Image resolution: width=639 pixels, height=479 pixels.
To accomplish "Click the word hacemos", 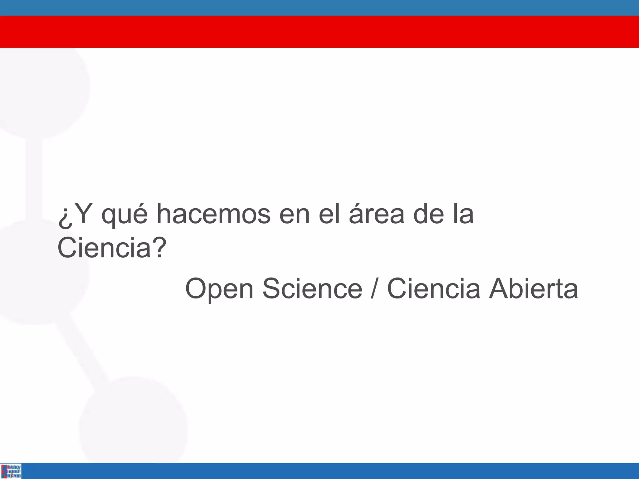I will [213, 214].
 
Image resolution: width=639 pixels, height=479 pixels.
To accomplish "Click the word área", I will [377, 214].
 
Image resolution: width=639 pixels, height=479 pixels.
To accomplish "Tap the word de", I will [428, 214].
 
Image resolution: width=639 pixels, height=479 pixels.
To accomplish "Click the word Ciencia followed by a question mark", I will [105, 248].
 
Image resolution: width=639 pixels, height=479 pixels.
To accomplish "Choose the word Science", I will [312, 288].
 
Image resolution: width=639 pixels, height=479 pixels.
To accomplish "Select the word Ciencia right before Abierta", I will [433, 288].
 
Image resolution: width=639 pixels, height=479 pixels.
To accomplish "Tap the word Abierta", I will [533, 288].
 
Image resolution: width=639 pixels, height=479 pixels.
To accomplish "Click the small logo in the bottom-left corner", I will [11, 471].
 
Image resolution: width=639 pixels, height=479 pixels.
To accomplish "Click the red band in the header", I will [319, 32].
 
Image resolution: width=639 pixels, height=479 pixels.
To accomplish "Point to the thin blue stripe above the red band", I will [319, 8].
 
